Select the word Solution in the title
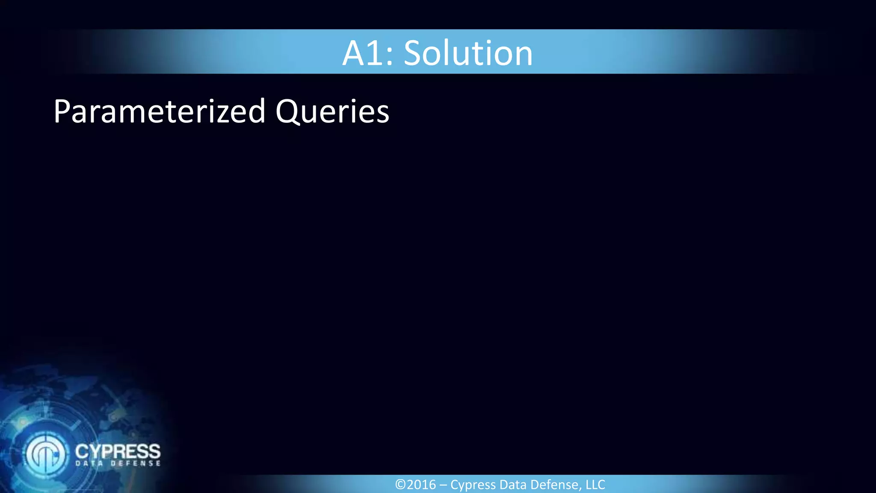468,53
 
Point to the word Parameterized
159,112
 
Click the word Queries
332,112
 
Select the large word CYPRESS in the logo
118,451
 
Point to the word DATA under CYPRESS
90,463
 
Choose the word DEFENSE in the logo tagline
136,463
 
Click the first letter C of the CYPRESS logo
82,451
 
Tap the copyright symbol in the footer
400,484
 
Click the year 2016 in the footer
421,484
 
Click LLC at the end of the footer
595,484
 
